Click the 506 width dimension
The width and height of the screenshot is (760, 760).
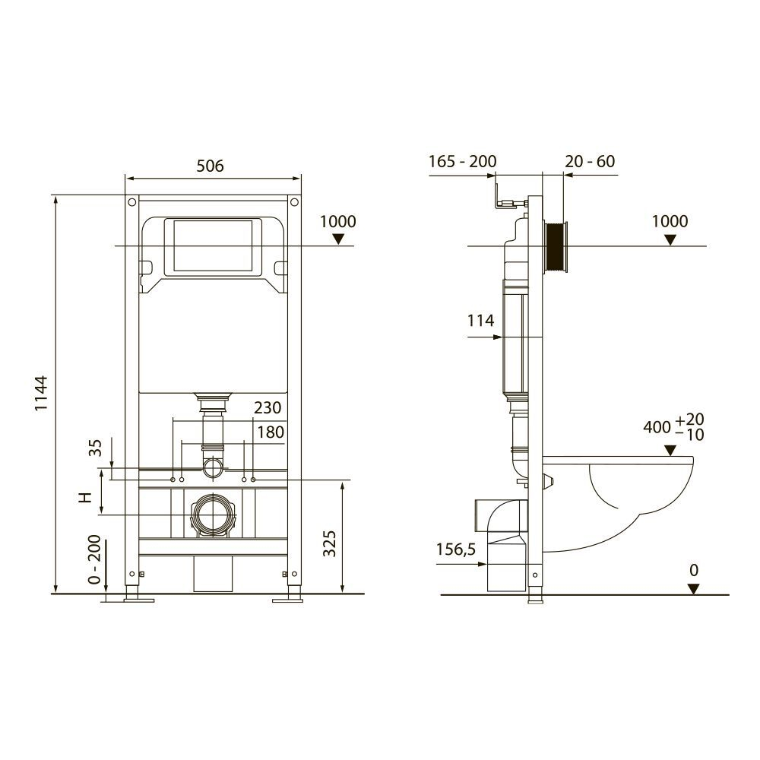(x=210, y=166)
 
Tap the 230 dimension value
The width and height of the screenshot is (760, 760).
(x=268, y=408)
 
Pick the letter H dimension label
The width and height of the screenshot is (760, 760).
(x=86, y=497)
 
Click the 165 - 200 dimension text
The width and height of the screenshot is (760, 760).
(x=462, y=161)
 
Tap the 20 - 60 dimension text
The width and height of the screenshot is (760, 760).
(x=590, y=161)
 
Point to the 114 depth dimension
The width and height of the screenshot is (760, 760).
(x=481, y=321)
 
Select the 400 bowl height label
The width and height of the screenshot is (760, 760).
(x=657, y=427)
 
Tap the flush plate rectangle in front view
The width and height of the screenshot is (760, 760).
(x=213, y=246)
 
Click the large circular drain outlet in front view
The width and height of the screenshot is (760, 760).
(x=214, y=515)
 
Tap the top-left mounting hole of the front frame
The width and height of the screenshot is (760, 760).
(x=132, y=203)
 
